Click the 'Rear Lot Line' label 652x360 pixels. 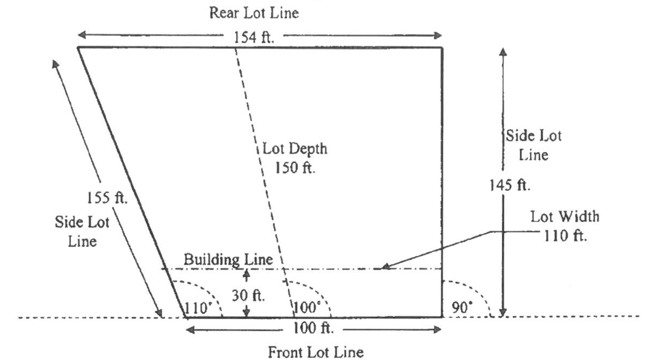254,13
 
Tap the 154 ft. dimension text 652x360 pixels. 254,37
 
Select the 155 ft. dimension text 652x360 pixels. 107,198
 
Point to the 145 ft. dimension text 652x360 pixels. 510,185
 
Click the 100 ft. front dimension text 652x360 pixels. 313,328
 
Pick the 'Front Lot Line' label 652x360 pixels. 316,352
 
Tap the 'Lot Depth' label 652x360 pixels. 295,149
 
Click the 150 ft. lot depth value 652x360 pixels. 295,167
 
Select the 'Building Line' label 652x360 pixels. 228,259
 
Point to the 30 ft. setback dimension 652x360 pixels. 248,296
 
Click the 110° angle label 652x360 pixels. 198,308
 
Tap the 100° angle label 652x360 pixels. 307,308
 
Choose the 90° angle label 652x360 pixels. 462,308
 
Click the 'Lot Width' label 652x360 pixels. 565,217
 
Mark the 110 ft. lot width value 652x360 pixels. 565,236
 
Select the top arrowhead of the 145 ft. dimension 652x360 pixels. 503,52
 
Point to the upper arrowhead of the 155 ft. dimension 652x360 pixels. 55,64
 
